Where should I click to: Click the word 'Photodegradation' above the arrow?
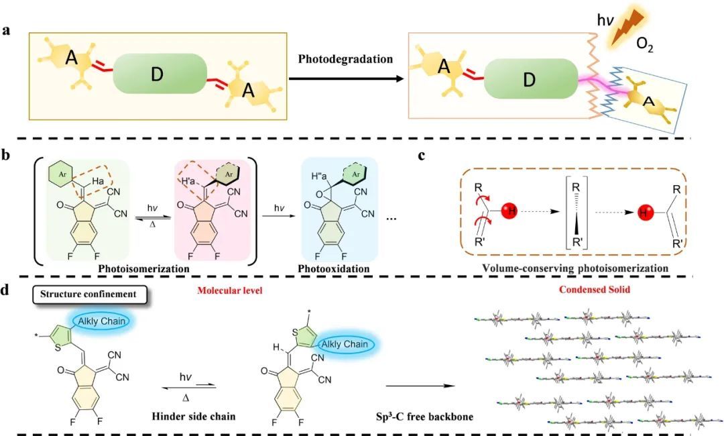tap(345, 59)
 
